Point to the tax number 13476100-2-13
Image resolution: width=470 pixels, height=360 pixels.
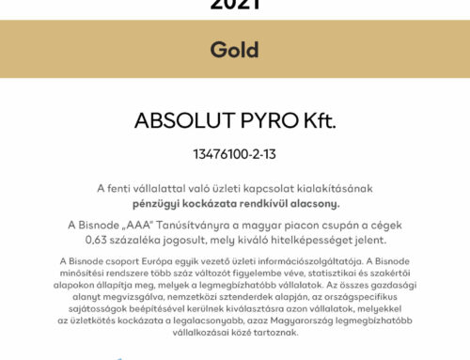click(235, 152)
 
